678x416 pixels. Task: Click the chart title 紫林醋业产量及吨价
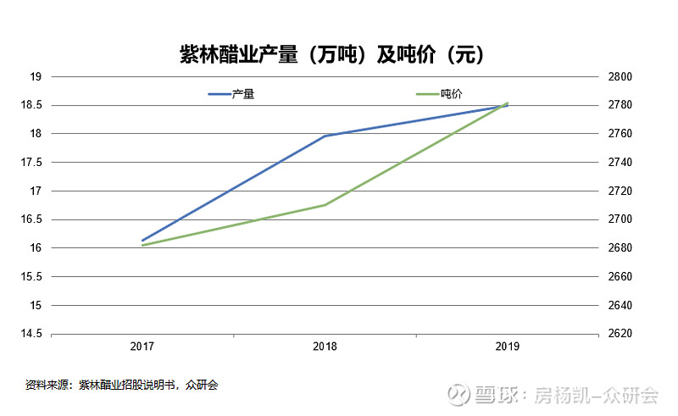click(x=331, y=54)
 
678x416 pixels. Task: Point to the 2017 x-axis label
click(x=142, y=347)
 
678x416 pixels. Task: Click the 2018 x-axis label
click(x=325, y=347)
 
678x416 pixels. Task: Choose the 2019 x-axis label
click(x=507, y=347)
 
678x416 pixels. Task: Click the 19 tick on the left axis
click(x=36, y=76)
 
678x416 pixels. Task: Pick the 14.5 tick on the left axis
click(x=31, y=333)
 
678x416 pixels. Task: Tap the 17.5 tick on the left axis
click(x=31, y=162)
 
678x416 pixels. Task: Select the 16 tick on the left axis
click(x=36, y=247)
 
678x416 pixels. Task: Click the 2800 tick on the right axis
click(x=621, y=76)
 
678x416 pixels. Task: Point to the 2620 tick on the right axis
click(x=621, y=333)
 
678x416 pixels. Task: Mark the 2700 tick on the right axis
click(x=621, y=219)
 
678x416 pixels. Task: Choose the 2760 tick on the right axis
click(x=621, y=134)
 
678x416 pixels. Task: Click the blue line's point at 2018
click(x=325, y=136)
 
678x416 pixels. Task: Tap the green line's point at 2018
click(x=325, y=205)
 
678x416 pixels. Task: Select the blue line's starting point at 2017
click(x=142, y=241)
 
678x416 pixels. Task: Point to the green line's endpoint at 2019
click(x=507, y=103)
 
